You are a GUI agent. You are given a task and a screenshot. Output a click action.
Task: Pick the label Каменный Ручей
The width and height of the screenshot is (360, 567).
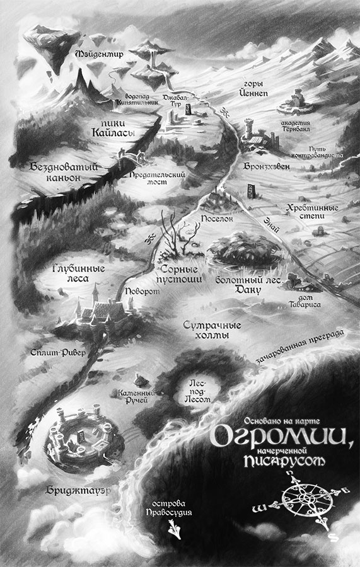(x=132, y=396)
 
